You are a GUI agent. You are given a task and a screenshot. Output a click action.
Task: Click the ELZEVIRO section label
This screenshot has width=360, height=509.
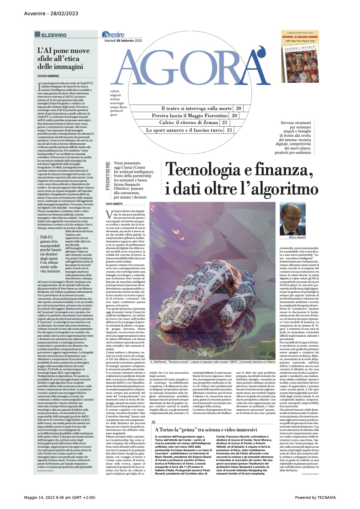click(x=54, y=35)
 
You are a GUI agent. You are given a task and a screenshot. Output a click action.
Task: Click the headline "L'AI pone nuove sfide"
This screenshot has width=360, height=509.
click(x=63, y=58)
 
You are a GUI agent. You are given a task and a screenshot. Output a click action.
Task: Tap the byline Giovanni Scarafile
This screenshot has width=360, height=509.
click(x=48, y=76)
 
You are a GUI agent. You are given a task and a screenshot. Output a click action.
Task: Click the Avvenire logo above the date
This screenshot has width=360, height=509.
click(x=113, y=34)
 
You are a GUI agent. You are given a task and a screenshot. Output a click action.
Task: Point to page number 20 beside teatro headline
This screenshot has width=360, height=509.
click(x=238, y=108)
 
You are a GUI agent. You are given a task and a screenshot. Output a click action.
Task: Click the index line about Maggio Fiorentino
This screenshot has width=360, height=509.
click(x=189, y=115)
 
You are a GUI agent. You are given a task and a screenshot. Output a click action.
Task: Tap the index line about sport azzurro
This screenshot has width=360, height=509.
click(x=184, y=130)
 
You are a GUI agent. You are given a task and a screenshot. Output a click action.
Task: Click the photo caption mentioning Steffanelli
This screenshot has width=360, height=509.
click(x=212, y=362)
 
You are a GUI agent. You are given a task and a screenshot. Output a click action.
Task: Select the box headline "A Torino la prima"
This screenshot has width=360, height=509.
click(x=206, y=430)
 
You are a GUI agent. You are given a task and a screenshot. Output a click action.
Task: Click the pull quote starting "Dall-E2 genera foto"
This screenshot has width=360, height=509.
click(x=50, y=254)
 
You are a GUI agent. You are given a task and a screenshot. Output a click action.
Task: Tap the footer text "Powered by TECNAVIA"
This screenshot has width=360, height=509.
click(x=315, y=497)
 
